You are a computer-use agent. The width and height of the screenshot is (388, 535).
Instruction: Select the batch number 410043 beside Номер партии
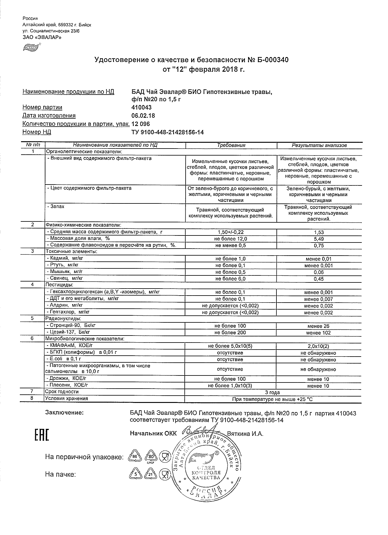pos(141,107)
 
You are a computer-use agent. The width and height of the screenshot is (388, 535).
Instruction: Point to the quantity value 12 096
pos(141,124)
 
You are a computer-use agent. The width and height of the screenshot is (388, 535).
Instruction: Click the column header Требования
pos(231,145)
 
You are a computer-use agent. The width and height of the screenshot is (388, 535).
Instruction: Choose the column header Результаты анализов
pos(319,145)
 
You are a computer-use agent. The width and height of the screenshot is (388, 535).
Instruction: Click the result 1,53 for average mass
pos(319,232)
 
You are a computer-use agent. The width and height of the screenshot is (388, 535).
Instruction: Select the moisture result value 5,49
pos(319,239)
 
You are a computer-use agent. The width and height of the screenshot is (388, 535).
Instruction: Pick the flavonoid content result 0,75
pos(319,246)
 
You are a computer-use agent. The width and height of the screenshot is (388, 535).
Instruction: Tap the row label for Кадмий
pos(65,258)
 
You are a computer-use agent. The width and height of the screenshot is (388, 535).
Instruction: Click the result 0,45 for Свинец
pos(319,279)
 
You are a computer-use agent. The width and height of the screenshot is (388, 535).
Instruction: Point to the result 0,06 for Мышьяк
pos(319,272)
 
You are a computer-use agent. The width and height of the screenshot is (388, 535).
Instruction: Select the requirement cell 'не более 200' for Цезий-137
pos(230,333)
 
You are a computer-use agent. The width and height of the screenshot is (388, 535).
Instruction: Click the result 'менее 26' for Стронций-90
pos(319,326)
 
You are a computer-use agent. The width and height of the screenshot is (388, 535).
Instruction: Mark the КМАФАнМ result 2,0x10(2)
pos(319,346)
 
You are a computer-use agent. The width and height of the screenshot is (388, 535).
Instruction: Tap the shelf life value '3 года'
pos(273,393)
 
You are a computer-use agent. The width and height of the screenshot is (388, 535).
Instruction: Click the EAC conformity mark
pos(41,435)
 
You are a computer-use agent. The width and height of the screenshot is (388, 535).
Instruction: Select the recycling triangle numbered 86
pos(134,457)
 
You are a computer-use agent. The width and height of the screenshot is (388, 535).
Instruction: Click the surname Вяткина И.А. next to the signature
pos(245,434)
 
